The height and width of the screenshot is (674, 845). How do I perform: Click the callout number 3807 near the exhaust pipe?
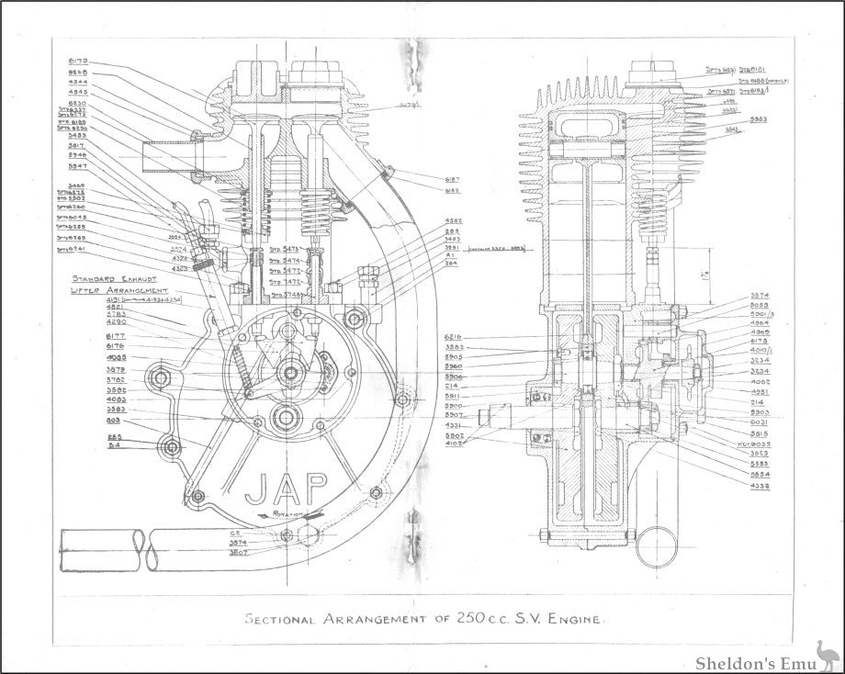click(x=237, y=554)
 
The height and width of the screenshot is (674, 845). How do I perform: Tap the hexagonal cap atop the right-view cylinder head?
click(x=651, y=69)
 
